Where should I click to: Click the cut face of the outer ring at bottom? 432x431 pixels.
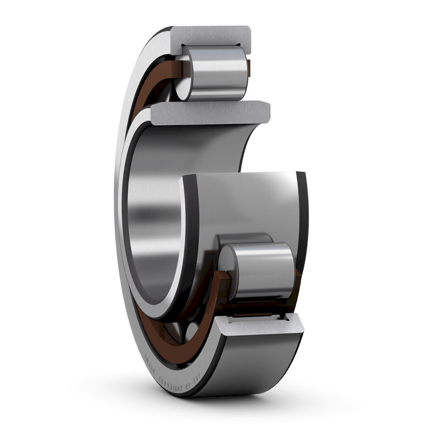pyautogui.click(x=259, y=327)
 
